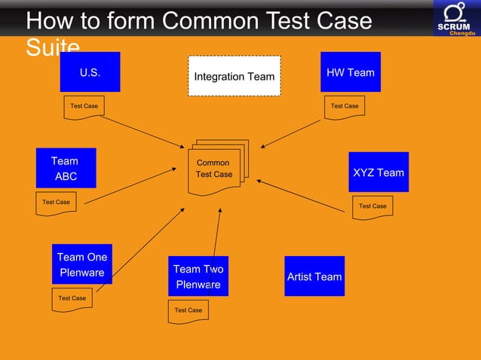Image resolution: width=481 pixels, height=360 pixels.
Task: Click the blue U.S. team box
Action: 90,72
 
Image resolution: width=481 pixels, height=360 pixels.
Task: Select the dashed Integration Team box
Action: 234,76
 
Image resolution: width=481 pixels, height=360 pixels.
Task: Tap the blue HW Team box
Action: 350,72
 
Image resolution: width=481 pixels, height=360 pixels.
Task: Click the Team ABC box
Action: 66,168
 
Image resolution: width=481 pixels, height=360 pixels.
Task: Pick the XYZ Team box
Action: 378,172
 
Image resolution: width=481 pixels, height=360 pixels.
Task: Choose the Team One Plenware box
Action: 81,264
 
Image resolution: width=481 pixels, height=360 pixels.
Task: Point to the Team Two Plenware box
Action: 198,276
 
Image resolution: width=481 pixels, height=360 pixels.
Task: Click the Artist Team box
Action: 314,276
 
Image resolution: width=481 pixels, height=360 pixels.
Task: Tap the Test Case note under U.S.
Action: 84,106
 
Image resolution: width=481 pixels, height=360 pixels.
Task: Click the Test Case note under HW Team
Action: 345,106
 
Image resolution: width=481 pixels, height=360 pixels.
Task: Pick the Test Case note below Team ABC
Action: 56,203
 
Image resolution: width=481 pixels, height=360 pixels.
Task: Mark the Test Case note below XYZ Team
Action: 372,206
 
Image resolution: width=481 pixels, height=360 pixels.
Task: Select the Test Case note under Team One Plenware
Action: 72,299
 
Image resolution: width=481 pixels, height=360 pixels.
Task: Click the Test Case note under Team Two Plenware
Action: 188,310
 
